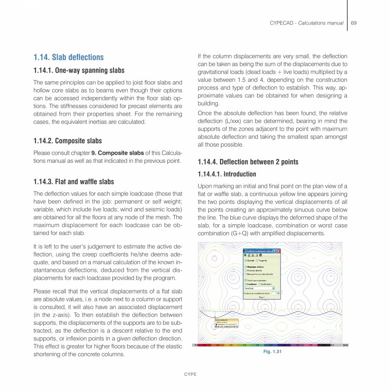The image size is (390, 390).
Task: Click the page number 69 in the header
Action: (x=354, y=23)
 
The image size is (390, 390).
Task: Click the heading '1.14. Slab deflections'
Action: (x=69, y=57)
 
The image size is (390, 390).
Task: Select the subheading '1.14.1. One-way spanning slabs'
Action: (x=79, y=70)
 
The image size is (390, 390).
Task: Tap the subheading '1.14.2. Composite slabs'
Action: (x=68, y=141)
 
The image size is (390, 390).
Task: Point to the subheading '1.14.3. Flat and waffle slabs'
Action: (x=74, y=182)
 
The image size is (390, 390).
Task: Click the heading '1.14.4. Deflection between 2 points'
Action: (x=248, y=162)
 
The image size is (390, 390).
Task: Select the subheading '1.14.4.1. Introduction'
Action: (x=227, y=174)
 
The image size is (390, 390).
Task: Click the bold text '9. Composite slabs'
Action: (x=117, y=153)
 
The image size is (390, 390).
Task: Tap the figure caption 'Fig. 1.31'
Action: (x=270, y=351)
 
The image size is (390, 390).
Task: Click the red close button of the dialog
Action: (x=279, y=251)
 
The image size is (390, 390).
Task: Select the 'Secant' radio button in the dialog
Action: (x=246, y=261)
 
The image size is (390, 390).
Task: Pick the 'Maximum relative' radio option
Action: (x=246, y=267)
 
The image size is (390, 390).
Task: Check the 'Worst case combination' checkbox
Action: (x=246, y=280)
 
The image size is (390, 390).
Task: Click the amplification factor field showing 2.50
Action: (x=277, y=293)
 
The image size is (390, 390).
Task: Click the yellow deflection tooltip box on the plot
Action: (x=226, y=323)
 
